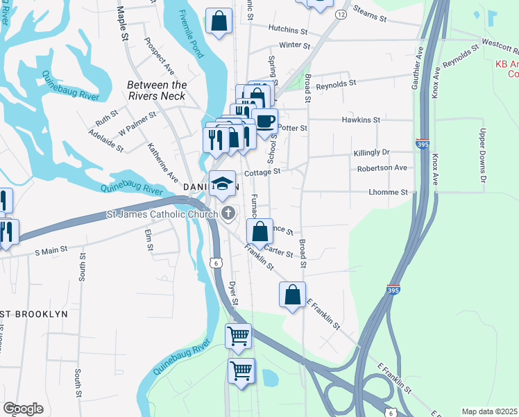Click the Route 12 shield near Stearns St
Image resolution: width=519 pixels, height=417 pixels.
click(x=340, y=14)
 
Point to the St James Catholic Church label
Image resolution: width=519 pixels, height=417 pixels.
click(x=162, y=215)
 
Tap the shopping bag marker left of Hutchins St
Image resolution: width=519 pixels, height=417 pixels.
click(x=219, y=22)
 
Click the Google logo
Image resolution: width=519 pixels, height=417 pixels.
click(x=23, y=409)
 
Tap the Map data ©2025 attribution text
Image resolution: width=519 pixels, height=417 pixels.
click(x=489, y=411)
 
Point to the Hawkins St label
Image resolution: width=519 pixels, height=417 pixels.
click(x=361, y=120)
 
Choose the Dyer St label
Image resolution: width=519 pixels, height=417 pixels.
click(x=234, y=291)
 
